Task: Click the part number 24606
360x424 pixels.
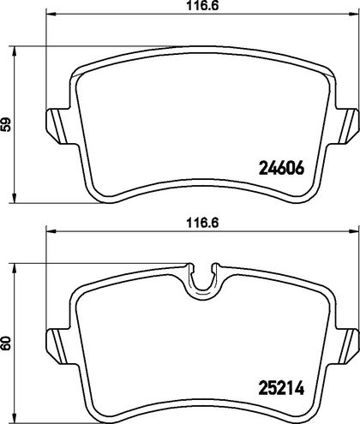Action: tap(281, 168)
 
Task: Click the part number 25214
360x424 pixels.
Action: tap(281, 388)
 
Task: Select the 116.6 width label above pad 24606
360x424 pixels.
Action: tap(202, 6)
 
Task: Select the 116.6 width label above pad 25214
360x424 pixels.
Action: tap(202, 223)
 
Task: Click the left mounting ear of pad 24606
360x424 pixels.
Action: tap(62, 126)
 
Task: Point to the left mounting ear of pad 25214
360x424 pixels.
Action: tap(62, 346)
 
